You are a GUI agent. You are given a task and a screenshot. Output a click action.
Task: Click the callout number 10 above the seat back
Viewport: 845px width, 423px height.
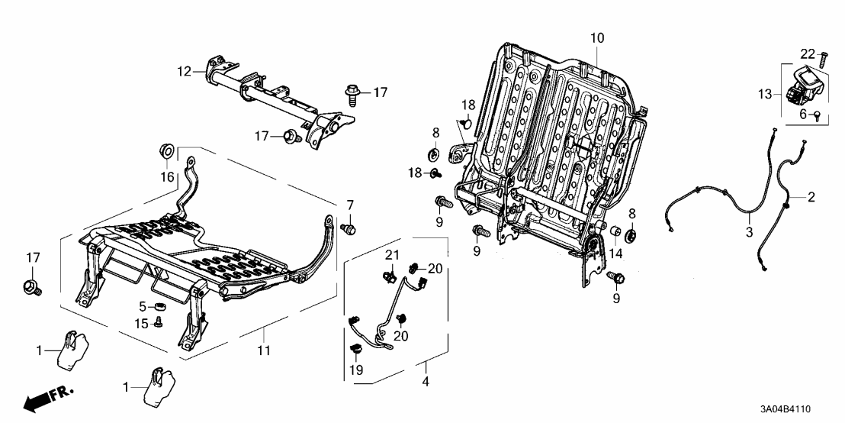(x=597, y=37)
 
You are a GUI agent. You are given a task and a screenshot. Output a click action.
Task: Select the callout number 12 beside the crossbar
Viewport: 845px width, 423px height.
(x=185, y=71)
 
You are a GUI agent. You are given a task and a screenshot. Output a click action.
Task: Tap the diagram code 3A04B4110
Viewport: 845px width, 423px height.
(x=785, y=409)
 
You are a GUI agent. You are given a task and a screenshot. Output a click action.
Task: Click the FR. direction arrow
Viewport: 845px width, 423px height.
(x=47, y=398)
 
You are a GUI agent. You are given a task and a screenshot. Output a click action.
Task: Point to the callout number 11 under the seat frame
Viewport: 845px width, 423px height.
(x=263, y=350)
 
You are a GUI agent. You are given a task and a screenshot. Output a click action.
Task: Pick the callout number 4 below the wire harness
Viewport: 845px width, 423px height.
(x=426, y=382)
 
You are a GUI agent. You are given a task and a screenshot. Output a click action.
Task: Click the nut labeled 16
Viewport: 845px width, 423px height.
(x=166, y=150)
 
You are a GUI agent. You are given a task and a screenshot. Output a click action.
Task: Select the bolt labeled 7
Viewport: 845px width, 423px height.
(x=349, y=229)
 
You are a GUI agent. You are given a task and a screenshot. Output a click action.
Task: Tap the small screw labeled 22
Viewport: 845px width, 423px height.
(x=823, y=59)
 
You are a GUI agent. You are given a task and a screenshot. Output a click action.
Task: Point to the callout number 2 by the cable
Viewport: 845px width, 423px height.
(x=811, y=197)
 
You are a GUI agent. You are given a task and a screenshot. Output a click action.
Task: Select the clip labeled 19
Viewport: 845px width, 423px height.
(x=355, y=350)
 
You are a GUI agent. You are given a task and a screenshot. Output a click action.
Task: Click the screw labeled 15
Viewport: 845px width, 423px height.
(x=158, y=322)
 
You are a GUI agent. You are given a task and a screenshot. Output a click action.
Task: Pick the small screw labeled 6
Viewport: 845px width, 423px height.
(x=817, y=115)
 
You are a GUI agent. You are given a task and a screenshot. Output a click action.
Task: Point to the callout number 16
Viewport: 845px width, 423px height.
(x=166, y=176)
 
